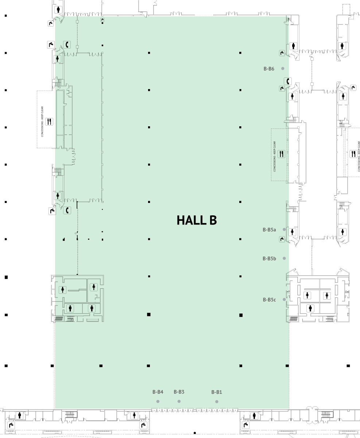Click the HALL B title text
coord(197,220)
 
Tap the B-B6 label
coord(269,69)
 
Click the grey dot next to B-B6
coord(283,69)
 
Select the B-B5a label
coord(269,230)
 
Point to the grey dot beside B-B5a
coord(284,230)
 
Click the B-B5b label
coord(269,258)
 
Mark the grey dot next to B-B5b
coord(284,258)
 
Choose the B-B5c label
coord(269,300)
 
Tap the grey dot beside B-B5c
coord(284,299)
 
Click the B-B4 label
coord(158,392)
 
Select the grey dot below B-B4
coord(158,401)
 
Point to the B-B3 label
coord(179,392)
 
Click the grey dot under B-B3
coord(179,401)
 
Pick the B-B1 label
coord(217,392)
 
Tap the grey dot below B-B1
coord(217,401)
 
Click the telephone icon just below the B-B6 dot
coord(288,81)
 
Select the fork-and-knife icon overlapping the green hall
coord(281,154)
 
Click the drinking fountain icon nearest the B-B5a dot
coord(282,239)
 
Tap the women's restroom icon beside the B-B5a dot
coord(292,232)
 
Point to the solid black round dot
coord(195,433)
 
